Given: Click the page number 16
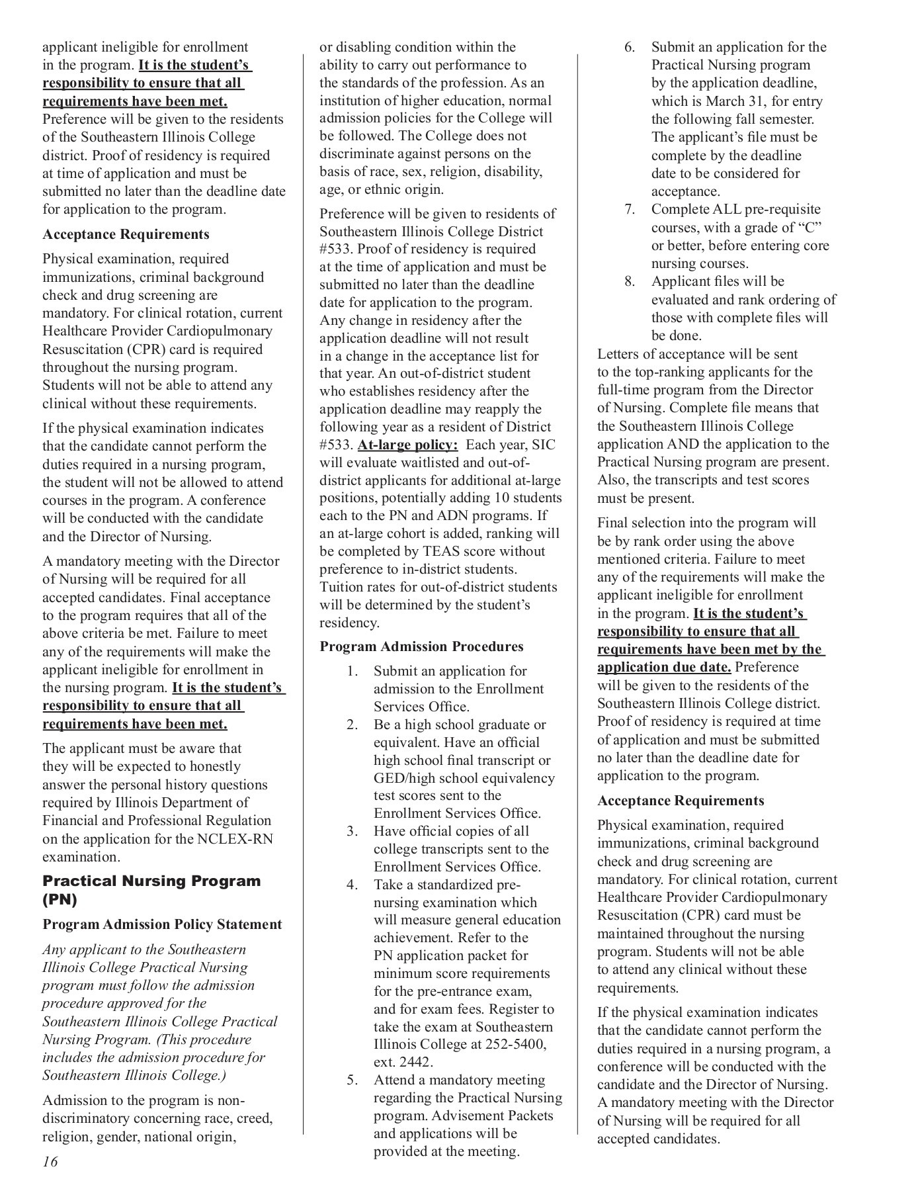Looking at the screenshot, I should pyautogui.click(x=50, y=1161).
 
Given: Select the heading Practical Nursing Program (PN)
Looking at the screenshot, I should pyautogui.click(x=151, y=890).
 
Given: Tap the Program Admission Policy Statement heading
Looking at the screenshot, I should pyautogui.click(x=162, y=924).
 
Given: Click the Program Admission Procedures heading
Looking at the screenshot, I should pyautogui.click(x=421, y=646).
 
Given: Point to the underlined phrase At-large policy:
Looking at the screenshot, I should pyautogui.click(x=407, y=445).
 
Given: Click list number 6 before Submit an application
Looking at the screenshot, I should pyautogui.click(x=630, y=47).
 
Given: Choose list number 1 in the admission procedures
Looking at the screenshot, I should pyautogui.click(x=353, y=671).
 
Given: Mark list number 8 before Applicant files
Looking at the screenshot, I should pyautogui.click(x=630, y=281).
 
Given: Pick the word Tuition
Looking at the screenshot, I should pyautogui.click(x=340, y=587).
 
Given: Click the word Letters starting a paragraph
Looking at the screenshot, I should pyautogui.click(x=620, y=354).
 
